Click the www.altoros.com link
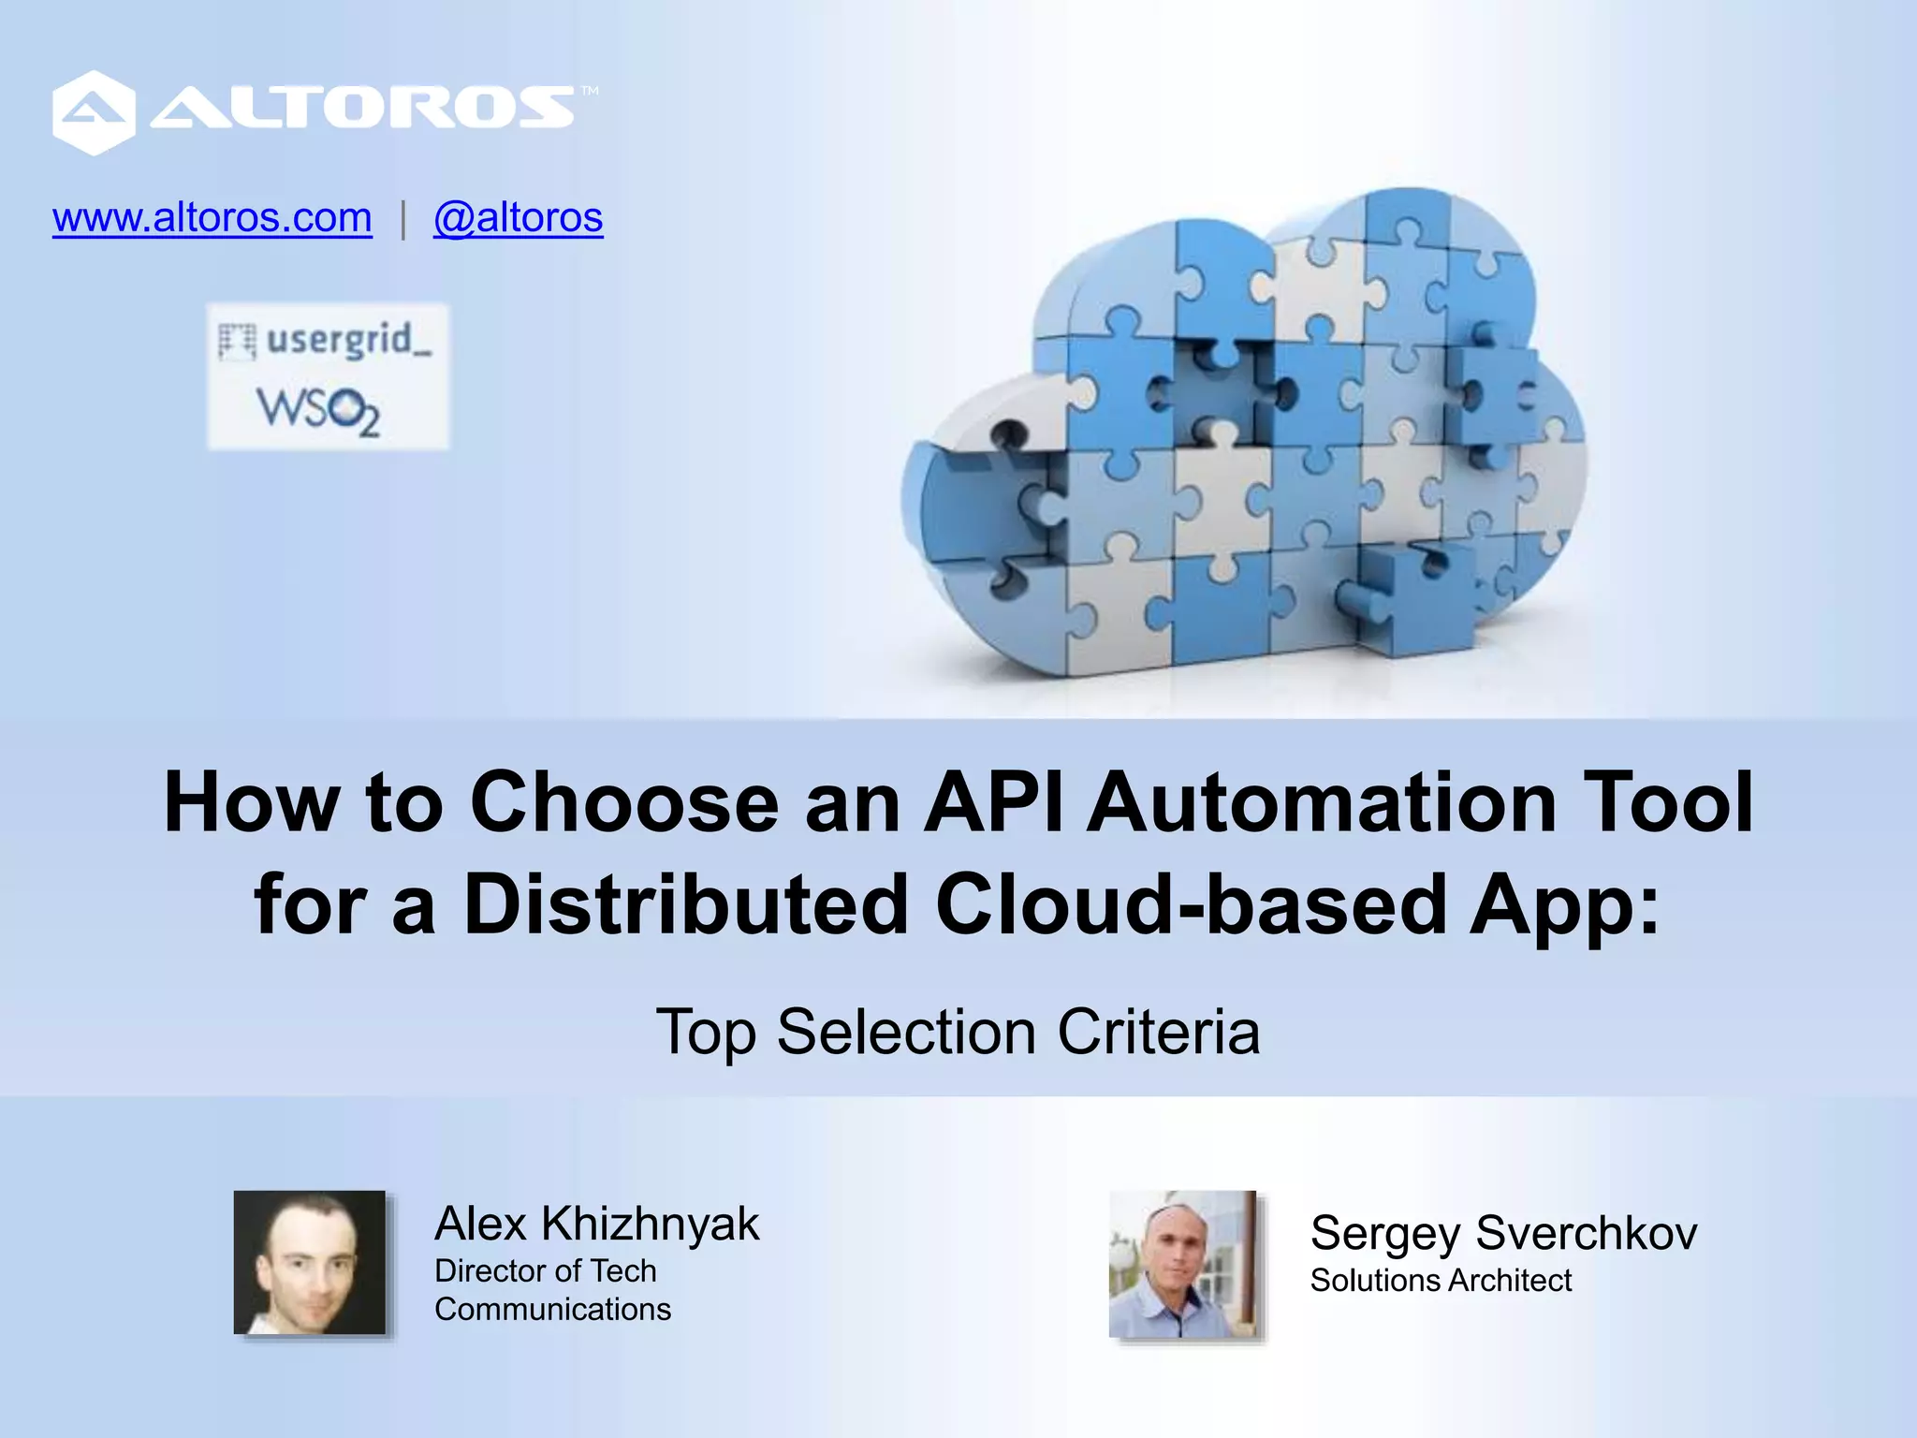[212, 218]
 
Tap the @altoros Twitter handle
[518, 218]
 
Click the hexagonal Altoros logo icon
[93, 112]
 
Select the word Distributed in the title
[686, 904]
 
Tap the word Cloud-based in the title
[1191, 904]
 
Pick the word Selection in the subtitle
[906, 1032]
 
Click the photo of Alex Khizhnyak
[309, 1262]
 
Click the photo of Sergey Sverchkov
[1182, 1263]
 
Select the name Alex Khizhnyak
[596, 1224]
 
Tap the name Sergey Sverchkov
[1503, 1233]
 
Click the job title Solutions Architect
[1441, 1280]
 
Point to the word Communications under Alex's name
[552, 1309]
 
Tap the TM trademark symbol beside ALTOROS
[589, 91]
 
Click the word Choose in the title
[623, 802]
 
